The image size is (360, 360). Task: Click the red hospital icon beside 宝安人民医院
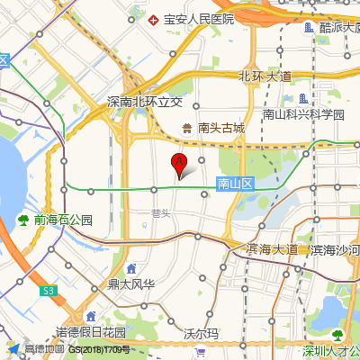coord(154,19)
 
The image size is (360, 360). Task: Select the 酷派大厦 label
coord(339,27)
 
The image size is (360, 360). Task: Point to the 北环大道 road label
coord(265,76)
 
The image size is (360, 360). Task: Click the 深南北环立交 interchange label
coord(150,102)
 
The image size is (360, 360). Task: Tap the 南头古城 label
coord(221,129)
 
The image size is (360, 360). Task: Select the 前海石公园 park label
coord(63,220)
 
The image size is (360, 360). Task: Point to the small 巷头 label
coord(161,213)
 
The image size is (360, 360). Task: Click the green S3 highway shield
coord(49,290)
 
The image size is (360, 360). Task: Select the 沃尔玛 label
coord(201,332)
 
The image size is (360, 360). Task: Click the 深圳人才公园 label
coord(332,351)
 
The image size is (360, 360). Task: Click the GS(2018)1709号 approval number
coord(100,349)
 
